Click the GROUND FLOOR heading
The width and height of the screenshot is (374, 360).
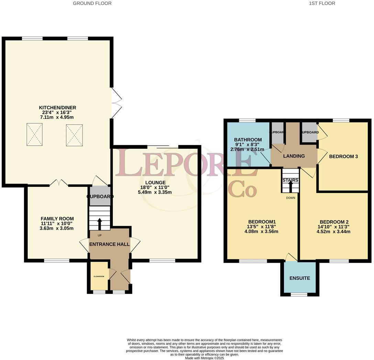[x=92, y=3]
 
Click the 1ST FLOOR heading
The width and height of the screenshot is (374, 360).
[x=322, y=3]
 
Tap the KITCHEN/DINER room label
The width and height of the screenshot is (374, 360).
[x=57, y=108]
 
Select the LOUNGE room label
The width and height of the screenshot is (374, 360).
[x=155, y=182]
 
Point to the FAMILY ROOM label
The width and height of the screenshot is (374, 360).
[x=57, y=219]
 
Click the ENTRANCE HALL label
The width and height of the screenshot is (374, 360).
[x=109, y=244]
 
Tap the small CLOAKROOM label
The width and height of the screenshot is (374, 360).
[x=99, y=276]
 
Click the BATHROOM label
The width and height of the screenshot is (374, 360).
[x=248, y=140]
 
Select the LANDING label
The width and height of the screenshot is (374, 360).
[x=294, y=156]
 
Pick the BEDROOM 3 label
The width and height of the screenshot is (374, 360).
[x=343, y=157]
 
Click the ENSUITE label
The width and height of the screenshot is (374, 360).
[x=299, y=278]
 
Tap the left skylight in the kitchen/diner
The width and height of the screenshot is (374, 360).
[x=35, y=134]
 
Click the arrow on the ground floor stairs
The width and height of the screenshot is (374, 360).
[x=100, y=223]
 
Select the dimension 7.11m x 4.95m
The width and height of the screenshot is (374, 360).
[x=57, y=117]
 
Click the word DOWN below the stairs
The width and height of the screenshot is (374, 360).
[x=290, y=198]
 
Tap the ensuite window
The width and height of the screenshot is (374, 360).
[x=299, y=294]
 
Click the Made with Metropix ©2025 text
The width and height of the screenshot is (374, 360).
[x=204, y=358]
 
